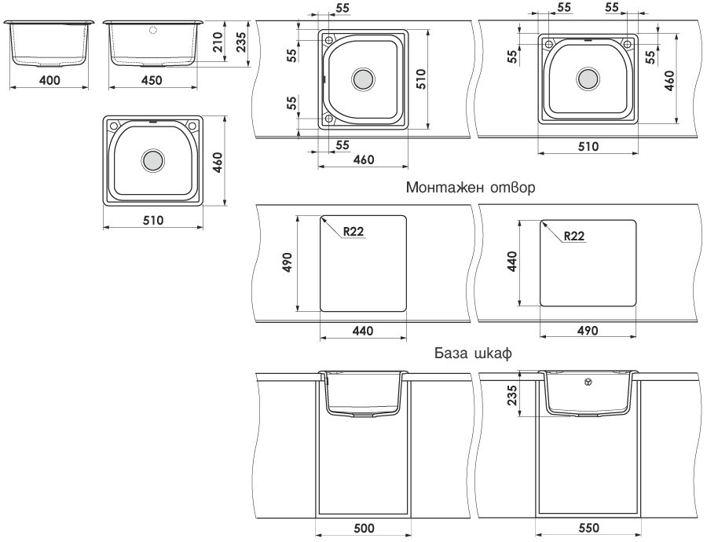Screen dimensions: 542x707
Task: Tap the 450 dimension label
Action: (152, 80)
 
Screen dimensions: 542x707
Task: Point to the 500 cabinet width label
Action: (364, 529)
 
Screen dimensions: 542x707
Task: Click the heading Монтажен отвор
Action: (471, 189)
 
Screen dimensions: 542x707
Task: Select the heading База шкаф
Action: (473, 353)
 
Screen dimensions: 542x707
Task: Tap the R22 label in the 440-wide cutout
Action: (354, 231)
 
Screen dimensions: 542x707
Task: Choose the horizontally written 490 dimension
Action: (587, 331)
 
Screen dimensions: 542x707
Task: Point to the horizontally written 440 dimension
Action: (363, 331)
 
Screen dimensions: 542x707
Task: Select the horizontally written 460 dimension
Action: (363, 159)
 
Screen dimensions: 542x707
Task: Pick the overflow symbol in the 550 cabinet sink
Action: (588, 383)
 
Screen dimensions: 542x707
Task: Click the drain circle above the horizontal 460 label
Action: (363, 79)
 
